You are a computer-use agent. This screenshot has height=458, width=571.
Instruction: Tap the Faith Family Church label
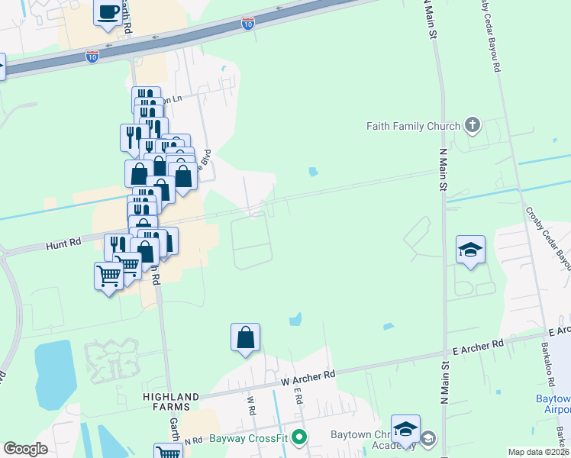413,126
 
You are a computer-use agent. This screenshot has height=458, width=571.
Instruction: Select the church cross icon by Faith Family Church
473,125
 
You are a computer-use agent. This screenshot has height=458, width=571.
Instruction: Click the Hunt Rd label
63,245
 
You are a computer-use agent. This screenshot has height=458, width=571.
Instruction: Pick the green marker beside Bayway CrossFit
300,437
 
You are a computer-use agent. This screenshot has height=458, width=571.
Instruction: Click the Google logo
26,449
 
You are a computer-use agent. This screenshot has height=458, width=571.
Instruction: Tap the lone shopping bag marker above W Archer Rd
245,337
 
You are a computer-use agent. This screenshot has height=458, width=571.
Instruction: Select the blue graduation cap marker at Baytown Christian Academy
405,429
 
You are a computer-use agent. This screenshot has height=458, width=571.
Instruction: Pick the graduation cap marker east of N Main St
470,250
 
